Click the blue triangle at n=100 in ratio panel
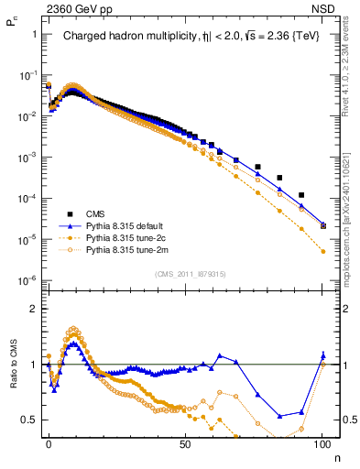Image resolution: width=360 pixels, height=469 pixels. pos(322,355)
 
